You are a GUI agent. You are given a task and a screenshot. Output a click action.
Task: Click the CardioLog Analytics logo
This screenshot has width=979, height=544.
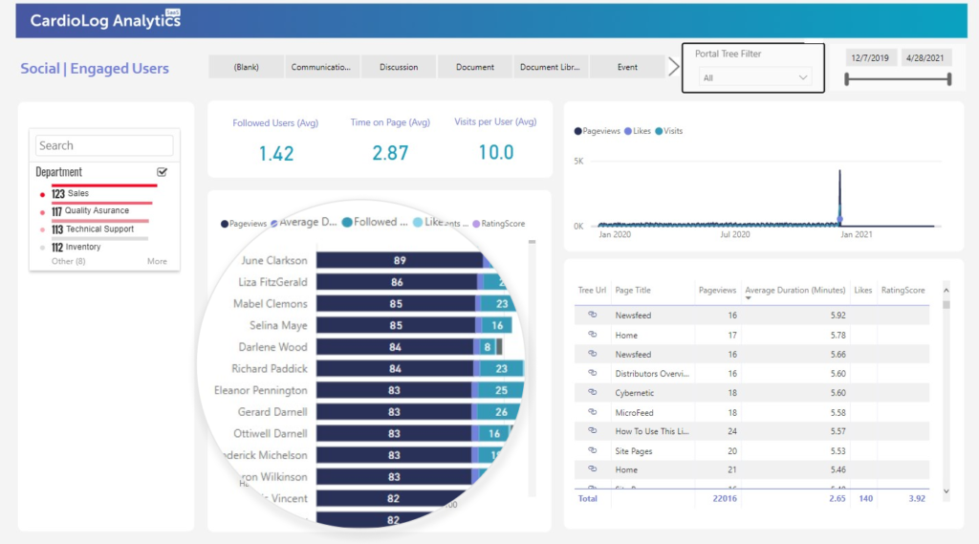[105, 21]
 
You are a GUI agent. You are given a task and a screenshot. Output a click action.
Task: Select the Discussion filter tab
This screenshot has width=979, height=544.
[399, 67]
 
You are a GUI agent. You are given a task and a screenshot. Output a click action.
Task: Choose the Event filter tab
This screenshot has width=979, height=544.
[627, 67]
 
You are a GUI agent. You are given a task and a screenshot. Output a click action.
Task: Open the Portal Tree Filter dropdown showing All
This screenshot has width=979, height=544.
[754, 77]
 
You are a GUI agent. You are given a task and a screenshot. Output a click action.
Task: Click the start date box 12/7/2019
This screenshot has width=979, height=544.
[869, 58]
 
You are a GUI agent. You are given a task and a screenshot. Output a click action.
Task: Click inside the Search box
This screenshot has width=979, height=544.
[104, 145]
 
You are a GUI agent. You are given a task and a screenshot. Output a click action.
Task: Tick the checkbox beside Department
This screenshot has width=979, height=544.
[162, 172]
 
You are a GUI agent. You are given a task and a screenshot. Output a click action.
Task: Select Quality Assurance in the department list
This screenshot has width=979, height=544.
[97, 211]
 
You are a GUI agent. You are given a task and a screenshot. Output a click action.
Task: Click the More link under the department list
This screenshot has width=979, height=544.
[157, 261]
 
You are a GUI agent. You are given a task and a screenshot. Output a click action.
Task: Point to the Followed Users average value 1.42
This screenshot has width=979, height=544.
[275, 153]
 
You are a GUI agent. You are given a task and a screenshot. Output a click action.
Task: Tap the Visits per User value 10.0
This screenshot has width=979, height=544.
[495, 153]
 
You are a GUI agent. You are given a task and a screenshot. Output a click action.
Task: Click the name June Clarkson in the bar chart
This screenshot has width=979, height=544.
[274, 261]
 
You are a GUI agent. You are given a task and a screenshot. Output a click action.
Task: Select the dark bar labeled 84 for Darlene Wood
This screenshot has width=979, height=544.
[395, 347]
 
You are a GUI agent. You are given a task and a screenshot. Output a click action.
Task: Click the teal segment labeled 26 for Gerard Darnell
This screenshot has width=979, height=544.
[502, 412]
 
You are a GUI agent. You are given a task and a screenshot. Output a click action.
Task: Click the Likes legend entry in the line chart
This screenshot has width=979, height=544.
[638, 131]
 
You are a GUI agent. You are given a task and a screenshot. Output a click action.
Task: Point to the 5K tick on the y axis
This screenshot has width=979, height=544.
[578, 162]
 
